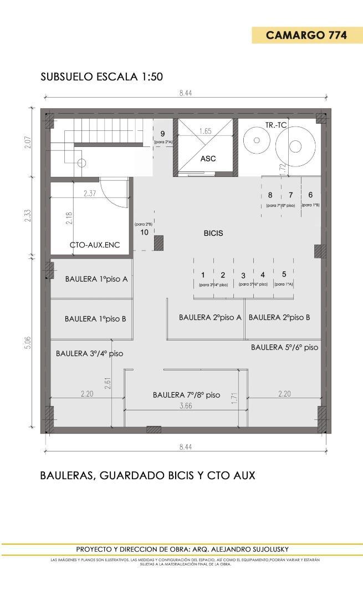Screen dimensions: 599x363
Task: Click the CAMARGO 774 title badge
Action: [306, 35]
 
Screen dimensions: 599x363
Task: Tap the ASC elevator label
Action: [208, 159]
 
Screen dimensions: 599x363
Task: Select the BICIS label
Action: [213, 233]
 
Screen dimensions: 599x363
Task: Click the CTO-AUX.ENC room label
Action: [95, 245]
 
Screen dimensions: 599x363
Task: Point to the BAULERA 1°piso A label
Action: [96, 279]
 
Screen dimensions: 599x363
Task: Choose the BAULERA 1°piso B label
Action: [95, 319]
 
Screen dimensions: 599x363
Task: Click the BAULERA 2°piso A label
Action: [210, 318]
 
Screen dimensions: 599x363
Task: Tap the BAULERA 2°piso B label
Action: [279, 318]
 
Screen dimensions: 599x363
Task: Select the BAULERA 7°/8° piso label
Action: [186, 395]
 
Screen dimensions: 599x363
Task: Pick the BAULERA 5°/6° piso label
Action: [284, 347]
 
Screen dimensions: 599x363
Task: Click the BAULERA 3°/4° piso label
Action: [89, 353]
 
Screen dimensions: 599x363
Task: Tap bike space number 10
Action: [144, 232]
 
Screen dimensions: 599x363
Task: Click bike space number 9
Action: [163, 134]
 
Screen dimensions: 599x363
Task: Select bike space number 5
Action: [284, 274]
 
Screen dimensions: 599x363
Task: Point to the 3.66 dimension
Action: [185, 406]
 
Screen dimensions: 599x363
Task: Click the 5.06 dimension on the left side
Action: [28, 342]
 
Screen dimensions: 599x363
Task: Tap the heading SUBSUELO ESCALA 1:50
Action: [101, 77]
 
